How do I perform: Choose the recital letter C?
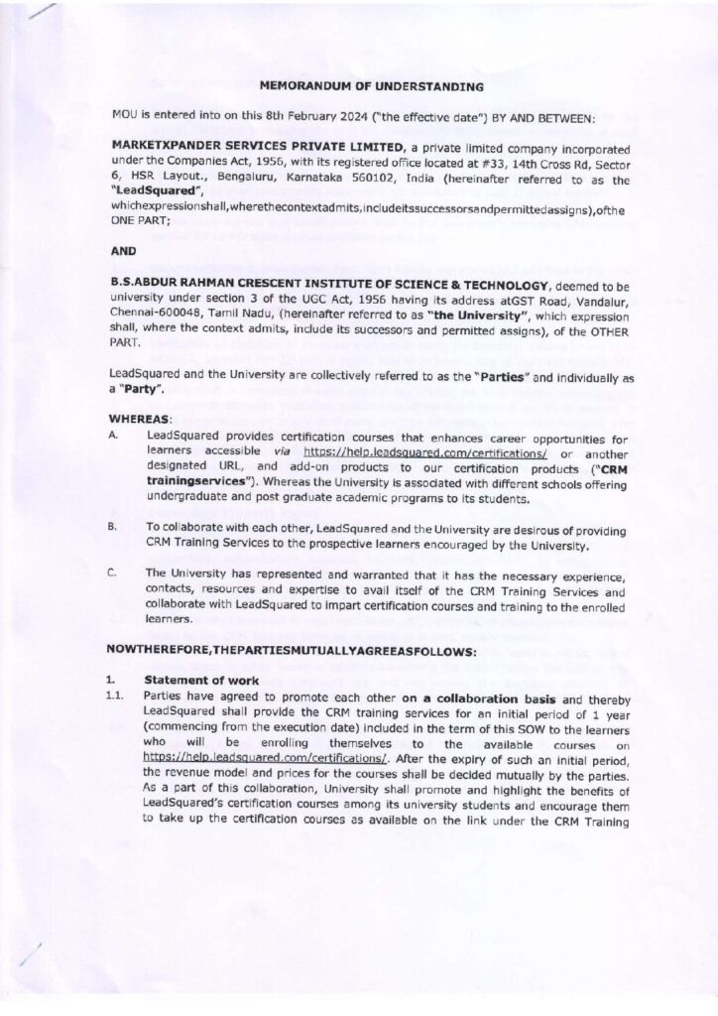(x=116, y=572)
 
